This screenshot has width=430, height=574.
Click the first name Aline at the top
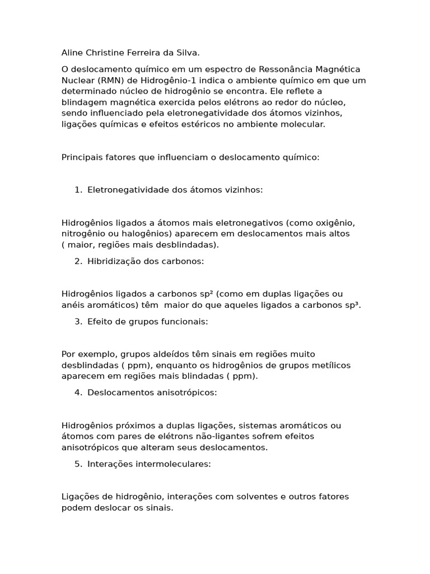[x=72, y=53]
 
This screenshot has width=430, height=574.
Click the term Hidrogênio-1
[x=156, y=80]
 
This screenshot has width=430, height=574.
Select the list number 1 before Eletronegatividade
[x=77, y=190]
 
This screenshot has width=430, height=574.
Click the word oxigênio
[x=334, y=223]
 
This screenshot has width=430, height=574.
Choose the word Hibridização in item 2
[x=113, y=261]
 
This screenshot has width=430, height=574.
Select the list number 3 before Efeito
[x=77, y=322]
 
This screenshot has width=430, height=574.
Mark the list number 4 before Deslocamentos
[x=77, y=392]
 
